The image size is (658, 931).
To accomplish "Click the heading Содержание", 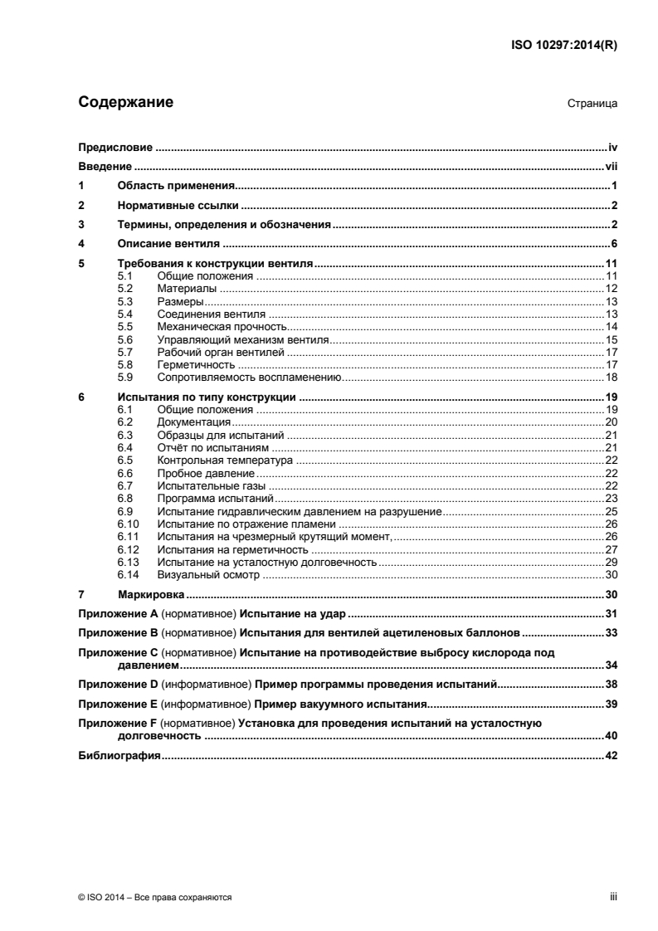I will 125,104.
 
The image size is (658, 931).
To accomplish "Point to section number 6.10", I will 129,524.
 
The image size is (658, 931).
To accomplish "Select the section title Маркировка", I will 152,595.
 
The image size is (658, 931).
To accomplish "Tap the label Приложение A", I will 117,614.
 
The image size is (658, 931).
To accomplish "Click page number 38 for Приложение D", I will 611,685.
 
